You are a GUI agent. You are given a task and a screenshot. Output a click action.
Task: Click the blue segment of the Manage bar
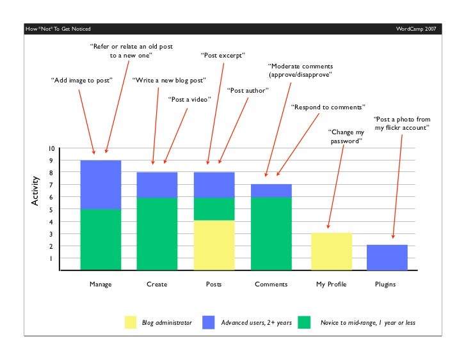coord(100,184)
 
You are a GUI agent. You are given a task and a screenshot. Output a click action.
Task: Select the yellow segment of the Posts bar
coord(214,245)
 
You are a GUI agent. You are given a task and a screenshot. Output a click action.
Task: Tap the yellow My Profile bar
coord(332,251)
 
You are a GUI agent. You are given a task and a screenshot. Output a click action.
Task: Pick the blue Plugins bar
coord(387,257)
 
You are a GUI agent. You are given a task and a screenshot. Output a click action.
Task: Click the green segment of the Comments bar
coord(271,233)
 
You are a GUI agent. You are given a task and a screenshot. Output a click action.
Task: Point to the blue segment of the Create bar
coord(157,185)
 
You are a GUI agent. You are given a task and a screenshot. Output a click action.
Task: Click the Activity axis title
coord(36,191)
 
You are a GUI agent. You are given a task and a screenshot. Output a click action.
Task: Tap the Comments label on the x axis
coord(271,284)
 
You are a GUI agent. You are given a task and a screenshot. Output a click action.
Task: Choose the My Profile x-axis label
coord(331,284)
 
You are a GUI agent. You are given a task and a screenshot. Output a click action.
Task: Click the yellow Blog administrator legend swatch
coord(131,323)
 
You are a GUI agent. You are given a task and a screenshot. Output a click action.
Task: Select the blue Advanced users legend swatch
coord(209,323)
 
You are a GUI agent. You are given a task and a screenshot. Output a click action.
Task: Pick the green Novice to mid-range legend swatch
coord(300,323)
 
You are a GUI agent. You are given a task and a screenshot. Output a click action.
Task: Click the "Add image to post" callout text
coord(81,81)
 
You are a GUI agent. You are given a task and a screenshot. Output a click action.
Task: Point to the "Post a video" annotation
coord(189,99)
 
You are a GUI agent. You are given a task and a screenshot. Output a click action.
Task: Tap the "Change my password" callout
coord(346,136)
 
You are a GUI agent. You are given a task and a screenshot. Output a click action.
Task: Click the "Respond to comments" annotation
coord(328,107)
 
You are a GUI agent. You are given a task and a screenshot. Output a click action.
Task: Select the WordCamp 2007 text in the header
coord(417,29)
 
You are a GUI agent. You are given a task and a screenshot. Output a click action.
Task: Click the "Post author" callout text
coord(248,90)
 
